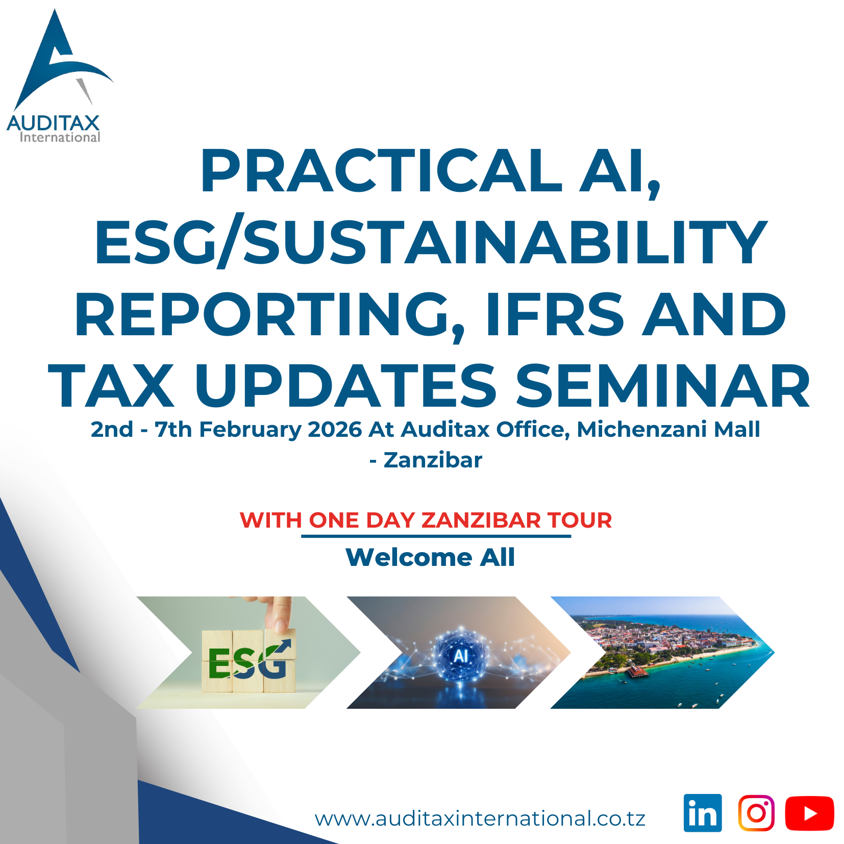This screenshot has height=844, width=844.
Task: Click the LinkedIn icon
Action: [703, 813]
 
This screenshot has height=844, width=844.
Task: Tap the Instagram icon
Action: [756, 813]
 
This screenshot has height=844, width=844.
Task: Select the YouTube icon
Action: [809, 813]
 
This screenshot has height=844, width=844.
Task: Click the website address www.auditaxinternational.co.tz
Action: [480, 818]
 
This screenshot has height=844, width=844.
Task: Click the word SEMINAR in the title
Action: [663, 386]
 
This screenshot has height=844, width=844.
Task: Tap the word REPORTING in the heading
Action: [270, 315]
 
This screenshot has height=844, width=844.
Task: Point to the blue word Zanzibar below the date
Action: [433, 460]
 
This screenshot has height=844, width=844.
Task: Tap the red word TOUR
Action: [580, 520]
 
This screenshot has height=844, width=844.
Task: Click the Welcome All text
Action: [430, 557]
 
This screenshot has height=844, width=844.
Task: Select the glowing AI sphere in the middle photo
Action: [461, 655]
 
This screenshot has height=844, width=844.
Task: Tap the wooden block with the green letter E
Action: [218, 662]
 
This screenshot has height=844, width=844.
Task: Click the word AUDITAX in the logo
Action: [53, 123]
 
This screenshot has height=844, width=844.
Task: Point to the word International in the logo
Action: [60, 137]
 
